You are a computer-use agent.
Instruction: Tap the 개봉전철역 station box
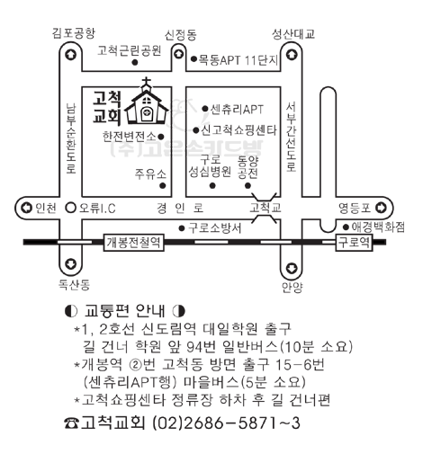(x=134, y=242)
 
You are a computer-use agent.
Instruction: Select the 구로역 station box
(x=354, y=242)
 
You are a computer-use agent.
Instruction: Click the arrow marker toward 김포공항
(x=71, y=55)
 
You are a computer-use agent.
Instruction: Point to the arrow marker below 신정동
(x=179, y=54)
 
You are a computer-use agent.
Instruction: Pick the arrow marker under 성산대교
(x=292, y=55)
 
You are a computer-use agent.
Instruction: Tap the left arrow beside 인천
(x=26, y=208)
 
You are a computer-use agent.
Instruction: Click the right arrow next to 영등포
(x=381, y=208)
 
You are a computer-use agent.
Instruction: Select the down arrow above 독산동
(x=71, y=263)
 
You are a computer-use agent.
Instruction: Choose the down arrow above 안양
(x=292, y=268)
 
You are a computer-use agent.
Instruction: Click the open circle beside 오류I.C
(x=71, y=208)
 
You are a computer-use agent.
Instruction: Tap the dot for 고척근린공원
(x=135, y=62)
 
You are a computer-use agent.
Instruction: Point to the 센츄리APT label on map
(x=237, y=109)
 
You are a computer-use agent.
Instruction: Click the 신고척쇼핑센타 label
(x=238, y=130)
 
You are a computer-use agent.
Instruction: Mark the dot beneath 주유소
(x=163, y=185)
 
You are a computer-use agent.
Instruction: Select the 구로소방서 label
(x=214, y=228)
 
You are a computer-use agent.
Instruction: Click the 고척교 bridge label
(x=265, y=208)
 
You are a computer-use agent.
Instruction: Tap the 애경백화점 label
(x=378, y=227)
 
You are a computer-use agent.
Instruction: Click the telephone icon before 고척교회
(x=71, y=423)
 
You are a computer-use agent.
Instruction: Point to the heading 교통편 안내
(x=125, y=311)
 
